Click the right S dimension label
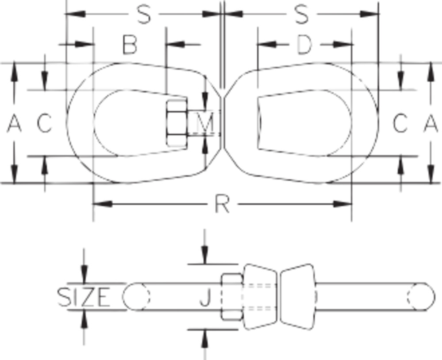(301, 15)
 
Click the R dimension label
(222, 204)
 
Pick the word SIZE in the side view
(84, 297)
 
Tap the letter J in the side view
(204, 299)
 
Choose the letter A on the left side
(14, 123)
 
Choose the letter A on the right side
(431, 123)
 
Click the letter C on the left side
(44, 123)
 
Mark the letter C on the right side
(400, 123)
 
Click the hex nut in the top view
(178, 123)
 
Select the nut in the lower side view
(231, 296)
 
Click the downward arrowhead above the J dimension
(204, 256)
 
